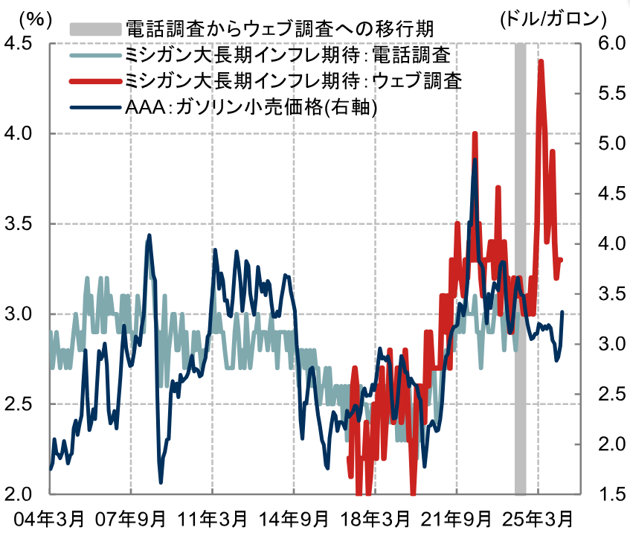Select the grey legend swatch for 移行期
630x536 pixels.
(x=94, y=30)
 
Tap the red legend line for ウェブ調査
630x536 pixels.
(x=94, y=80)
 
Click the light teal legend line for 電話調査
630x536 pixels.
(x=94, y=55)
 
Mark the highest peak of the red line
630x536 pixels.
(x=541, y=62)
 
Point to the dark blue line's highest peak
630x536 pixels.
(x=475, y=159)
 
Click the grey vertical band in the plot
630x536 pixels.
(x=521, y=298)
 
